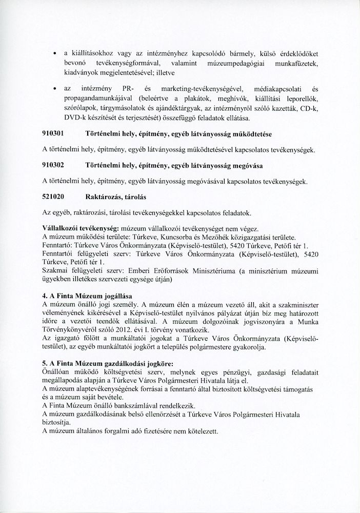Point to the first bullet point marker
coord(54,53)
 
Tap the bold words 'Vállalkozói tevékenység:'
coord(76,228)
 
